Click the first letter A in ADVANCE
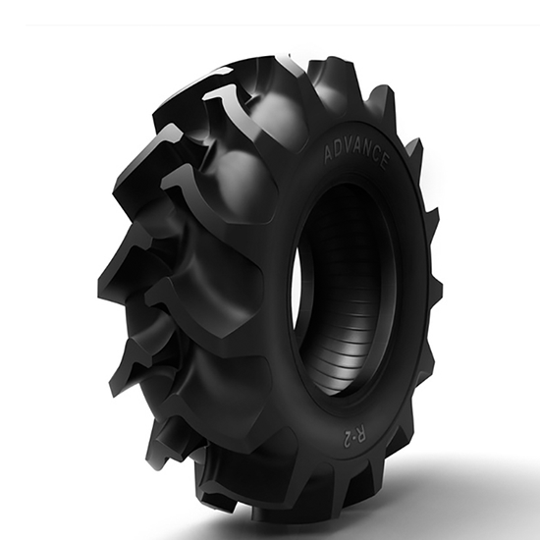click(x=330, y=153)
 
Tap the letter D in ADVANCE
click(x=340, y=150)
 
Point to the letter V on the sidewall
click(x=349, y=149)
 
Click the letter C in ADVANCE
click(x=376, y=157)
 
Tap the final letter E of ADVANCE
click(x=385, y=161)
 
